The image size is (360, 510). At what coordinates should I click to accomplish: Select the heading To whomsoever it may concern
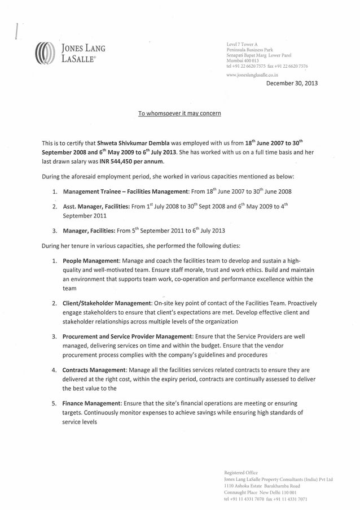(x=179, y=114)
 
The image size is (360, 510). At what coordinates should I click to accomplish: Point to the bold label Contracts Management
(x=94, y=370)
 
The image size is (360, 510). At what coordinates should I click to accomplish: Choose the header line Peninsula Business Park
(x=249, y=50)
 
